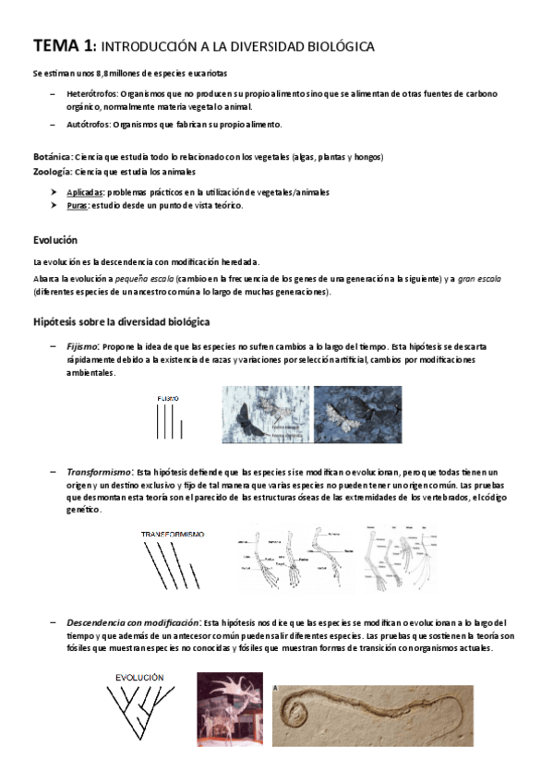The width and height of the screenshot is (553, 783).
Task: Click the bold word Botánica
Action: (x=52, y=157)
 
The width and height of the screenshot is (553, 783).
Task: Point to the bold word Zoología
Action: (x=52, y=171)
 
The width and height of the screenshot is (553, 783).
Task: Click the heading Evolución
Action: (x=55, y=240)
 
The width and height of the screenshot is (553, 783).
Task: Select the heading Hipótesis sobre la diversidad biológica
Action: (x=121, y=321)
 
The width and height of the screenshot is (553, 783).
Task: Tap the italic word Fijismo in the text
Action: (x=83, y=345)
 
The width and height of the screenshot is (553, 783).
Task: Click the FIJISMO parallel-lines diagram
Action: (x=168, y=417)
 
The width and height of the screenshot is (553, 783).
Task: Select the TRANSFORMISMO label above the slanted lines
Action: (x=172, y=534)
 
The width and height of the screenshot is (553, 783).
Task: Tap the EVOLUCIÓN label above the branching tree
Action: (x=139, y=677)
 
